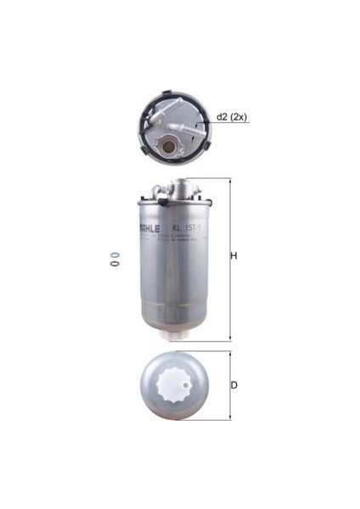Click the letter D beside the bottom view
(233, 385)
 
